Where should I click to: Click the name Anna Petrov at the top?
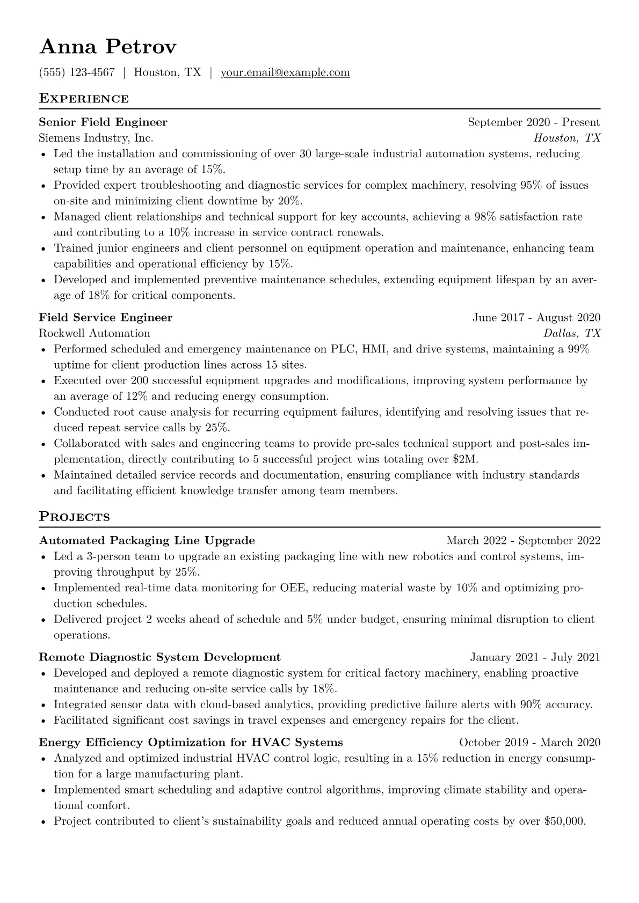pyautogui.click(x=107, y=47)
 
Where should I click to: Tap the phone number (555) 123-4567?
pyautogui.click(x=77, y=72)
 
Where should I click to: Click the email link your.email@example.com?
pyautogui.click(x=285, y=72)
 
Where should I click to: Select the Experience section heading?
pyautogui.click(x=84, y=99)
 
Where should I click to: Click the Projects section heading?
pyautogui.click(x=74, y=517)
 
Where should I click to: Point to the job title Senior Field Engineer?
pyautogui.click(x=103, y=122)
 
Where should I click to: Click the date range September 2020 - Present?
pyautogui.click(x=534, y=122)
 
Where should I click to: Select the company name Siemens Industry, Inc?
pyautogui.click(x=96, y=138)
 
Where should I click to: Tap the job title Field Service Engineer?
pyautogui.click(x=106, y=318)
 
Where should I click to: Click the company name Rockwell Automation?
pyautogui.click(x=95, y=333)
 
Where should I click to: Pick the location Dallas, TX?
pyautogui.click(x=572, y=333)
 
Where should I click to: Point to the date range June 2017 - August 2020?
pyautogui.click(x=536, y=318)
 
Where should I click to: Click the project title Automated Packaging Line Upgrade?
pyautogui.click(x=147, y=540)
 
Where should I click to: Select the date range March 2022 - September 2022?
pyautogui.click(x=523, y=540)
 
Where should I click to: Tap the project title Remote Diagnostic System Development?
pyautogui.click(x=160, y=657)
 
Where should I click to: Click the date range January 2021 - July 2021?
pyautogui.click(x=535, y=657)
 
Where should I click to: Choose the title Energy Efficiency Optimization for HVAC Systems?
pyautogui.click(x=191, y=743)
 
